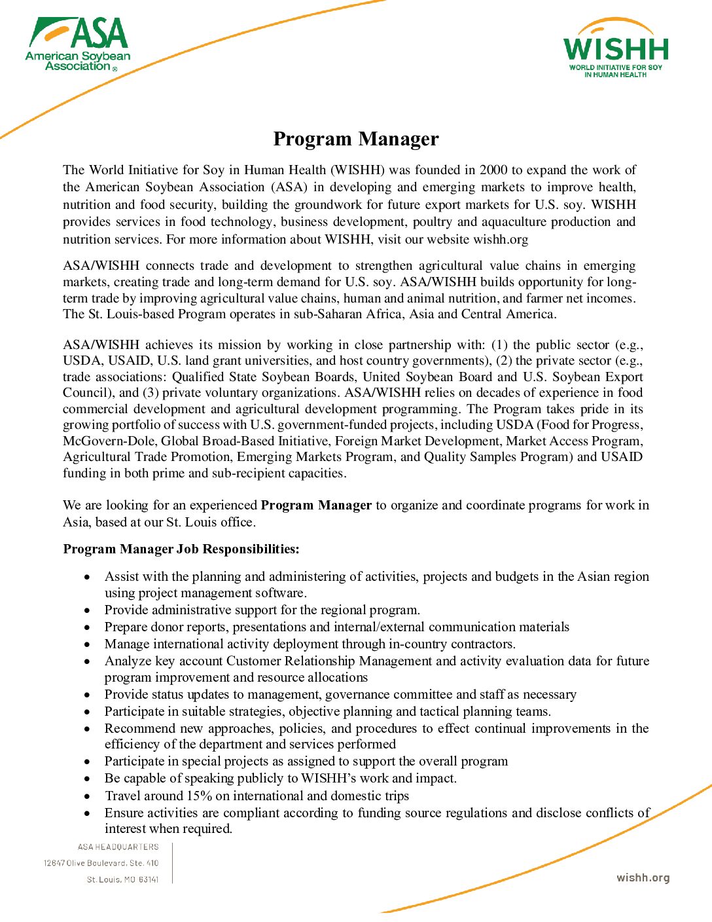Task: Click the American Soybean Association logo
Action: click(78, 44)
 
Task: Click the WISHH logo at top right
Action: click(616, 49)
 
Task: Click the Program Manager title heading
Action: click(356, 139)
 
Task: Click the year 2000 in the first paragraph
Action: click(493, 170)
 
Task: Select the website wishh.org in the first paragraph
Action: click(501, 240)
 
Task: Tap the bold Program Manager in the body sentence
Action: click(316, 506)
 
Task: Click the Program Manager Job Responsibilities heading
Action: click(181, 549)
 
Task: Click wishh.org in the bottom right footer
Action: click(643, 878)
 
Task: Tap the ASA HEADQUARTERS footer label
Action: click(118, 847)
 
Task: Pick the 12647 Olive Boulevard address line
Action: click(101, 863)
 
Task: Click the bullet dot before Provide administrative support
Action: click(88, 610)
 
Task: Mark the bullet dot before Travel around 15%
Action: click(88, 796)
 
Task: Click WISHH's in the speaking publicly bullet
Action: click(328, 779)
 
